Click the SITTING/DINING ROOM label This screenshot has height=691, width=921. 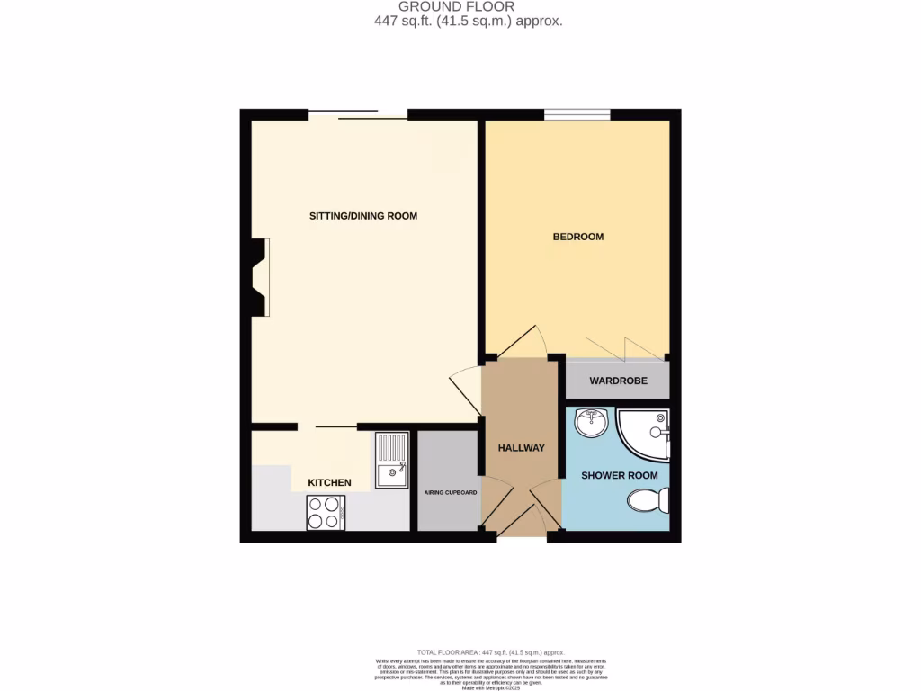click(363, 216)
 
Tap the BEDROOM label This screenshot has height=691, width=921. click(577, 237)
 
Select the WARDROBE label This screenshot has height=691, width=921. click(618, 381)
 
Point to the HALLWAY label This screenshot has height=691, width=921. click(522, 447)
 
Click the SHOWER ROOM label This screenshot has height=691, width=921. click(619, 475)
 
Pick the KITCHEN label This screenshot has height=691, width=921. click(329, 483)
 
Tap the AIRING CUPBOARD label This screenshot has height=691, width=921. click(451, 493)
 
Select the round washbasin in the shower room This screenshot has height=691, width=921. click(592, 422)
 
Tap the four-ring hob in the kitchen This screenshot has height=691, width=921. click(326, 513)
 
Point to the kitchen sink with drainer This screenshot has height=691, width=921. click(392, 460)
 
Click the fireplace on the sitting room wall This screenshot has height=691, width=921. click(258, 277)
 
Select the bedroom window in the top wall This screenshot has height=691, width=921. click(577, 114)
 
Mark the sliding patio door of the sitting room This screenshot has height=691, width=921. click(358, 114)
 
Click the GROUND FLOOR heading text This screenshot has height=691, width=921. click(457, 7)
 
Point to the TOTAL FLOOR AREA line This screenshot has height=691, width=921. click(490, 651)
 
